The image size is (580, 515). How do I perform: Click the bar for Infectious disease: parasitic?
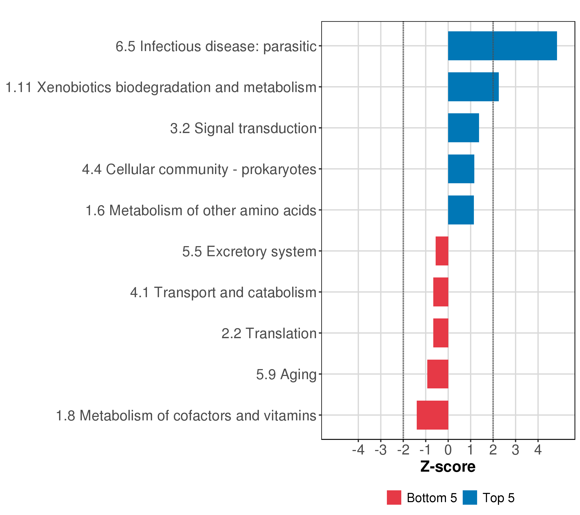(x=502, y=46)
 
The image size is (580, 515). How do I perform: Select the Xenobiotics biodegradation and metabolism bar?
(x=473, y=87)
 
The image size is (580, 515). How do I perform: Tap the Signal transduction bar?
(x=463, y=128)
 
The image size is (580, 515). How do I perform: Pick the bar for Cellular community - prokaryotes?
(x=461, y=169)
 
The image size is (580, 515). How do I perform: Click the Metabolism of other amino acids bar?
(x=461, y=210)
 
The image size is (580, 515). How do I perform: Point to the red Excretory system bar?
(x=442, y=251)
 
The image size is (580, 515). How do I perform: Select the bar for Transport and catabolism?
(x=441, y=292)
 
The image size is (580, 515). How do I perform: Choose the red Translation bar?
(x=441, y=333)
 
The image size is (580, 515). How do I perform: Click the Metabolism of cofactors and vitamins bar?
(x=432, y=415)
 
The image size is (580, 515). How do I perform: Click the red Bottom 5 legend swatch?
(x=394, y=497)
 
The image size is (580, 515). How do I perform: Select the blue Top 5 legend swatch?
(x=470, y=497)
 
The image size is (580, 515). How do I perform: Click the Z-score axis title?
(x=448, y=467)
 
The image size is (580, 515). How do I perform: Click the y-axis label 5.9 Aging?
(x=286, y=374)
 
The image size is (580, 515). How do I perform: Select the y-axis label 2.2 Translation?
(x=269, y=333)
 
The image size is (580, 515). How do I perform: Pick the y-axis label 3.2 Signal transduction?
(x=243, y=128)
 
